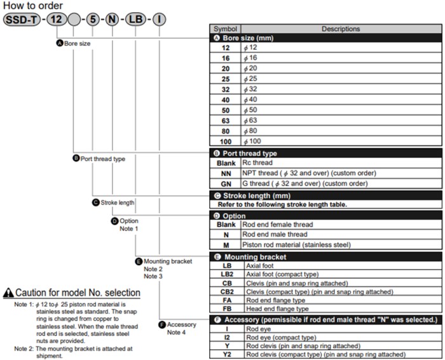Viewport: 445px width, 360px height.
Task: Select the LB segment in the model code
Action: click(x=135, y=18)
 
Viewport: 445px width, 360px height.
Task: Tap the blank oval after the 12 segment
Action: click(x=74, y=18)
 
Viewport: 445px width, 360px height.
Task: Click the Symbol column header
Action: click(x=225, y=29)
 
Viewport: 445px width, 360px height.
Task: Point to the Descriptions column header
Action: click(x=340, y=29)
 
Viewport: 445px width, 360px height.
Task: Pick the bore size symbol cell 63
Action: click(x=226, y=120)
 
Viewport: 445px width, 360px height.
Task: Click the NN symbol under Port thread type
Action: click(x=226, y=173)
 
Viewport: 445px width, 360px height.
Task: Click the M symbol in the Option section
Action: click(x=226, y=245)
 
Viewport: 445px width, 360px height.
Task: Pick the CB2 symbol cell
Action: click(x=227, y=291)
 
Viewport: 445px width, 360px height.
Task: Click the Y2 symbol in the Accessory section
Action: click(x=226, y=354)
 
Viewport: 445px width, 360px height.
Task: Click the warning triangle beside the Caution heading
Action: click(x=8, y=293)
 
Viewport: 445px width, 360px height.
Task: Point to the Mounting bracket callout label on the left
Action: click(x=168, y=261)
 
